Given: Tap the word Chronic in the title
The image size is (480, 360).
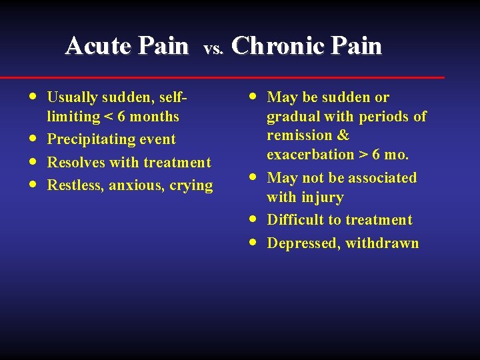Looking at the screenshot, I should (270, 46).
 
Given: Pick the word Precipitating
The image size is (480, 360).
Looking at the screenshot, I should (91, 140).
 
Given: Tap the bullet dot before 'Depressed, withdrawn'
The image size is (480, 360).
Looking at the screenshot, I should (251, 243).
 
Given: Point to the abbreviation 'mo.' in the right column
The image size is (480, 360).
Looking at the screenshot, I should (397, 155).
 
